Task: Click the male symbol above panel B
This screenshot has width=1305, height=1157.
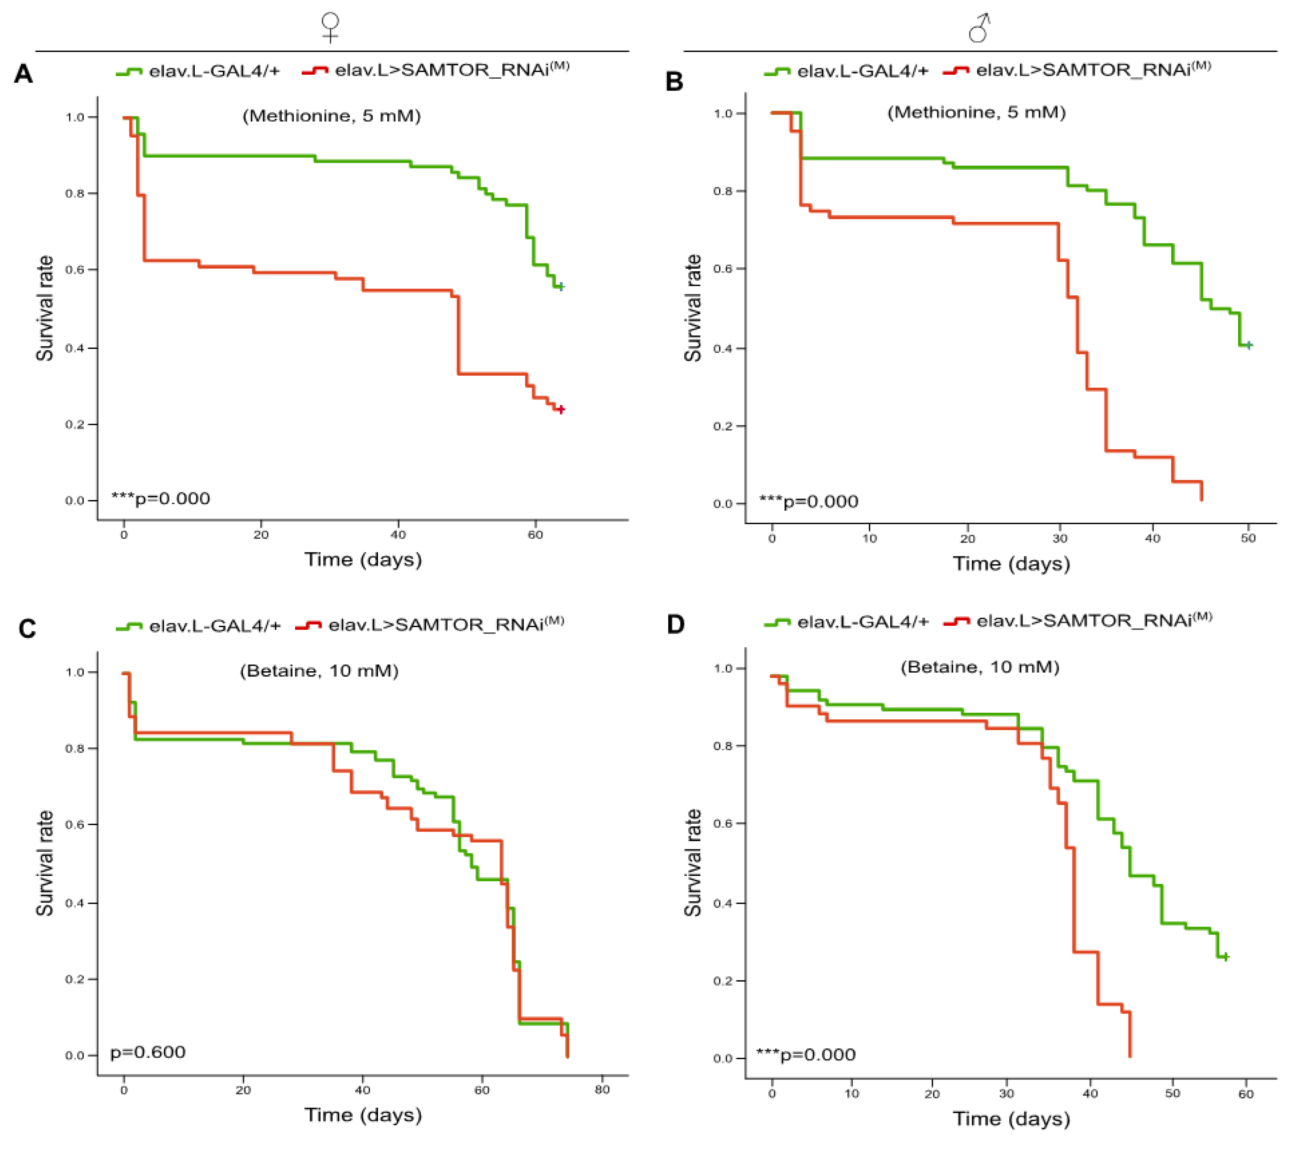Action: (x=979, y=28)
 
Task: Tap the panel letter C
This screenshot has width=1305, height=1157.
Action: (x=27, y=629)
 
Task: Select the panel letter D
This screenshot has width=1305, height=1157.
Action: (x=676, y=624)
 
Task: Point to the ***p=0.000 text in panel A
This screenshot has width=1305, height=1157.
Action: (x=161, y=499)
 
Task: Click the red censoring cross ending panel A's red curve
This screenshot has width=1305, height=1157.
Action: (x=560, y=409)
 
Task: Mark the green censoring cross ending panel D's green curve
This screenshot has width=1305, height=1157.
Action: (x=1225, y=957)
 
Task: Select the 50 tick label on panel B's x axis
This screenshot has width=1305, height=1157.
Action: (x=1247, y=539)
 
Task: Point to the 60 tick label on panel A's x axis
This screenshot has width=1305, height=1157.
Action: (x=535, y=535)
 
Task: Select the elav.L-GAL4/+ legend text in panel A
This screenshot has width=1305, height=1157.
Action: (x=215, y=71)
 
